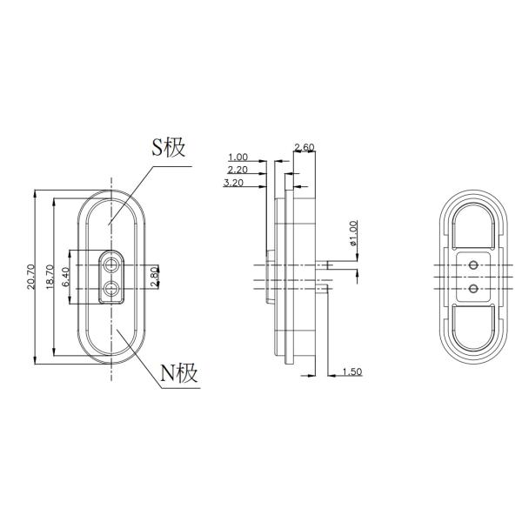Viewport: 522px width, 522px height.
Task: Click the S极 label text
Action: (x=169, y=147)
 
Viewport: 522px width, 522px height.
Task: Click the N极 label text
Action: (x=180, y=374)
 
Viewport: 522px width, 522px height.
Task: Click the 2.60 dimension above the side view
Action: (x=304, y=147)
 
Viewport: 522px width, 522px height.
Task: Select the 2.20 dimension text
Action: (x=237, y=171)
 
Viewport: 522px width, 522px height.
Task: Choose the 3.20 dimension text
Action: (x=233, y=184)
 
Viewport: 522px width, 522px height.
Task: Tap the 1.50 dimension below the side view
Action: (x=351, y=372)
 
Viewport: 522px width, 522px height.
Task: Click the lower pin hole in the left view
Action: (x=111, y=288)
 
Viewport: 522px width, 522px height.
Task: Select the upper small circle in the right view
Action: (x=473, y=262)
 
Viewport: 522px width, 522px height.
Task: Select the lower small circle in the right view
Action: (x=473, y=287)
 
